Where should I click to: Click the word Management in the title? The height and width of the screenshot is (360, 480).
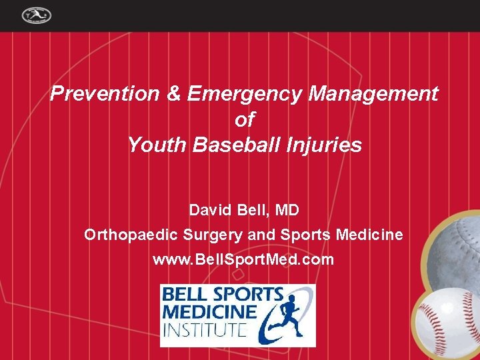point(373,94)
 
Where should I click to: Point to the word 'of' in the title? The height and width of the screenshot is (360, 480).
point(245,119)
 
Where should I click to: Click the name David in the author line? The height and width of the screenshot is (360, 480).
point(209,211)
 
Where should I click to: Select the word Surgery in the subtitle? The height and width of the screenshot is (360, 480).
point(208,235)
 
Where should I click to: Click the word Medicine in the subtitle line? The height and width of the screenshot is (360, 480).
point(370,235)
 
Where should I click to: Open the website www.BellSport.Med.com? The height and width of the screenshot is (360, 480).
point(243,259)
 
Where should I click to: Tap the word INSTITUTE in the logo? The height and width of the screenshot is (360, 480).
point(205,329)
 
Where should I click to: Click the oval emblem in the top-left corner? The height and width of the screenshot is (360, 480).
point(36,15)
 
